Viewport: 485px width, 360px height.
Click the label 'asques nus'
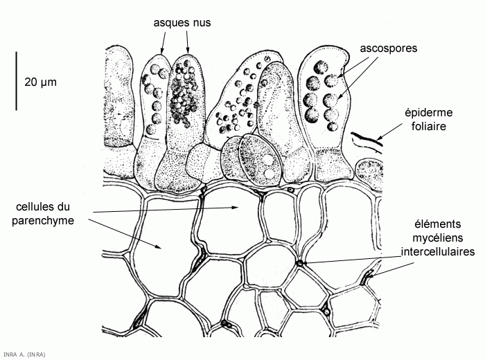click(x=182, y=23)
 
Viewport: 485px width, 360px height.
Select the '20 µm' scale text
click(x=40, y=82)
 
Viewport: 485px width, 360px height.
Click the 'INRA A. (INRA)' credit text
click(x=24, y=354)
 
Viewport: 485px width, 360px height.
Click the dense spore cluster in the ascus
click(x=184, y=97)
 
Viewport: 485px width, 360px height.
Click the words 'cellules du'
click(x=42, y=207)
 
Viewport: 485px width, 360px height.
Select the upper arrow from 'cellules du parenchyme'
click(x=166, y=210)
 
